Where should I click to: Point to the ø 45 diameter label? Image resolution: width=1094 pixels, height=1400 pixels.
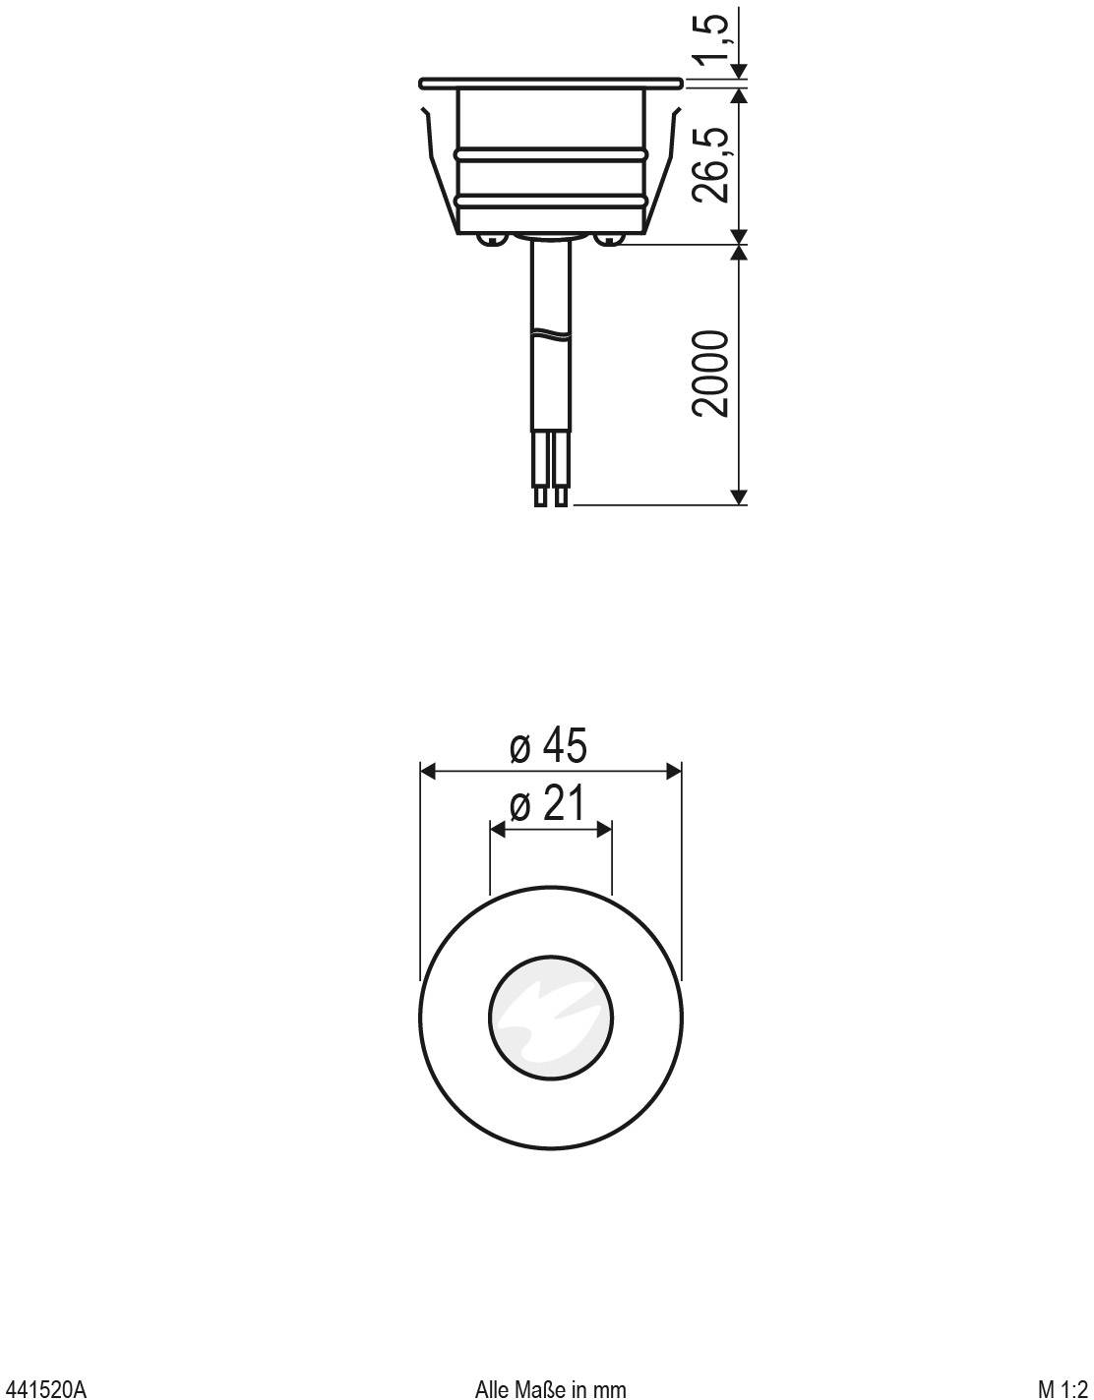click(549, 747)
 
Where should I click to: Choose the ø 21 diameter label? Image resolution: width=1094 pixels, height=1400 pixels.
click(549, 805)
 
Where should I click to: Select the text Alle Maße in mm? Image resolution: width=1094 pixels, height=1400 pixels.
click(550, 1388)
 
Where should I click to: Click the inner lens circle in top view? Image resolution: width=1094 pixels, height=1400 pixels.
click(551, 1015)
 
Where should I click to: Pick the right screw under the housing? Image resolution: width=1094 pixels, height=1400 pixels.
click(610, 238)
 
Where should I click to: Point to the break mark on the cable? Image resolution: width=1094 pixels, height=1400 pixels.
click(550, 334)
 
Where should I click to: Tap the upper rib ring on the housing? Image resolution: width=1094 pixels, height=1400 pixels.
click(550, 154)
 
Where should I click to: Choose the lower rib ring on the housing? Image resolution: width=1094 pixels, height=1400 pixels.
click(550, 201)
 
